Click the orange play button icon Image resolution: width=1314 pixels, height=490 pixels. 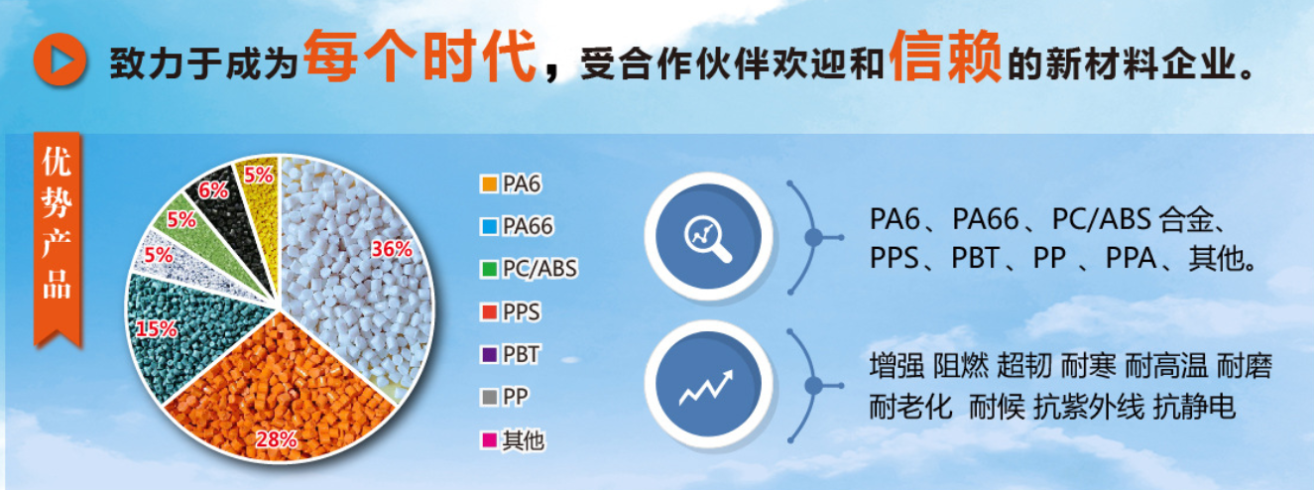tap(60, 60)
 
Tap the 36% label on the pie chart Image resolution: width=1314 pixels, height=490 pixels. tap(392, 249)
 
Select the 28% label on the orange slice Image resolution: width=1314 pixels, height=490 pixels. tap(277, 439)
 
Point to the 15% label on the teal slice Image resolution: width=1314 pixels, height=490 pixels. tap(156, 328)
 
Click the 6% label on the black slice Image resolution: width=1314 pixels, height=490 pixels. tap(213, 190)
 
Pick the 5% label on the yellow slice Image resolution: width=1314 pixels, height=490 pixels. tap(258, 175)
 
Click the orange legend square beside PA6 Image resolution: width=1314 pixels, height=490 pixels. tap(489, 184)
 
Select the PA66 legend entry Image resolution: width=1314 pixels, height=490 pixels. tap(517, 226)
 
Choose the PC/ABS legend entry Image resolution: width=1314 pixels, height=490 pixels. tap(529, 269)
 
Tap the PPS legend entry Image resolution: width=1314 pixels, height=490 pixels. tap(511, 311)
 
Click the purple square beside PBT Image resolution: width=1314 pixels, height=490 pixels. tap(489, 355)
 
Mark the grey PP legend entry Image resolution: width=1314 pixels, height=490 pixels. tap(505, 398)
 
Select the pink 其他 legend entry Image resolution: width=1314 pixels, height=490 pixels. tap(513, 440)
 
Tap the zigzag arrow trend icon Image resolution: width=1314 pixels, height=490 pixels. tap(706, 388)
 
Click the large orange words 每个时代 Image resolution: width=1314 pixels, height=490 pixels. tap(420, 57)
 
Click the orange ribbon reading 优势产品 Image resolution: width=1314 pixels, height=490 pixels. tap(57, 238)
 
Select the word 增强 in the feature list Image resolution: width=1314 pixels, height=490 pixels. tap(896, 366)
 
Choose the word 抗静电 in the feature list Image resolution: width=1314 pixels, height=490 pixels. tap(1195, 407)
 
